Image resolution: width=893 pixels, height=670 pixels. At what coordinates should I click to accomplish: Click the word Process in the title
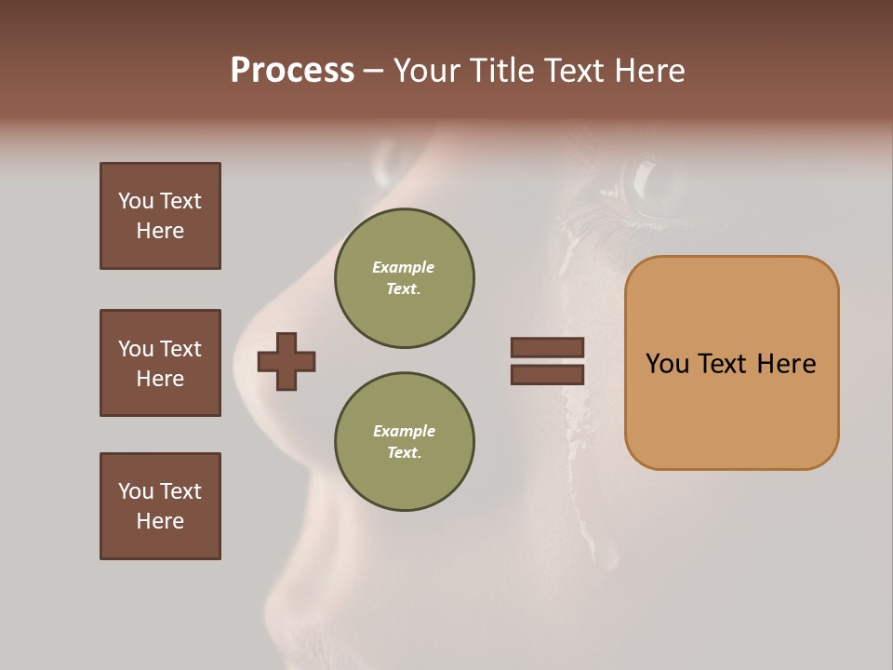pos(292,71)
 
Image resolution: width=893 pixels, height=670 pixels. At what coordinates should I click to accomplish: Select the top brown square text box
pos(160,216)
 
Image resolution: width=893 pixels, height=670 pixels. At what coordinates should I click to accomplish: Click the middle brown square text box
pos(160,363)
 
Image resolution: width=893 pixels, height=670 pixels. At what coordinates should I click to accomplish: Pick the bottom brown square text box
pos(160,506)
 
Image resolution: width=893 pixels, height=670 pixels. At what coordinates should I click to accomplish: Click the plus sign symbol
pos(287,361)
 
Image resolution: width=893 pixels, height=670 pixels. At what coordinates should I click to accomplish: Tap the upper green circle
pos(404,278)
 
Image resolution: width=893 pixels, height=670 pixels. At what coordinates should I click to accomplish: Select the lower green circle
pos(404,442)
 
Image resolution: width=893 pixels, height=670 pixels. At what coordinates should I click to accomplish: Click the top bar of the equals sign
pos(547,347)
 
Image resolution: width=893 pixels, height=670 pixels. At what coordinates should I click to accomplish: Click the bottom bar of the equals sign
pos(547,374)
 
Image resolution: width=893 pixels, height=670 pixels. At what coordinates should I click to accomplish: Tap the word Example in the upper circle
pos(403,267)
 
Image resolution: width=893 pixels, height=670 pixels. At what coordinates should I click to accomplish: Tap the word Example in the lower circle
pos(404,431)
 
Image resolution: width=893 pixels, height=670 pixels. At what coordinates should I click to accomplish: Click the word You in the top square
pos(136,201)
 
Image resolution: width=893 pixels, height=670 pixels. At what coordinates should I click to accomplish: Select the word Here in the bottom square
pos(160,521)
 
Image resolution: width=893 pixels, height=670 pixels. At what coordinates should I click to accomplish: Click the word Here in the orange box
pos(786,364)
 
